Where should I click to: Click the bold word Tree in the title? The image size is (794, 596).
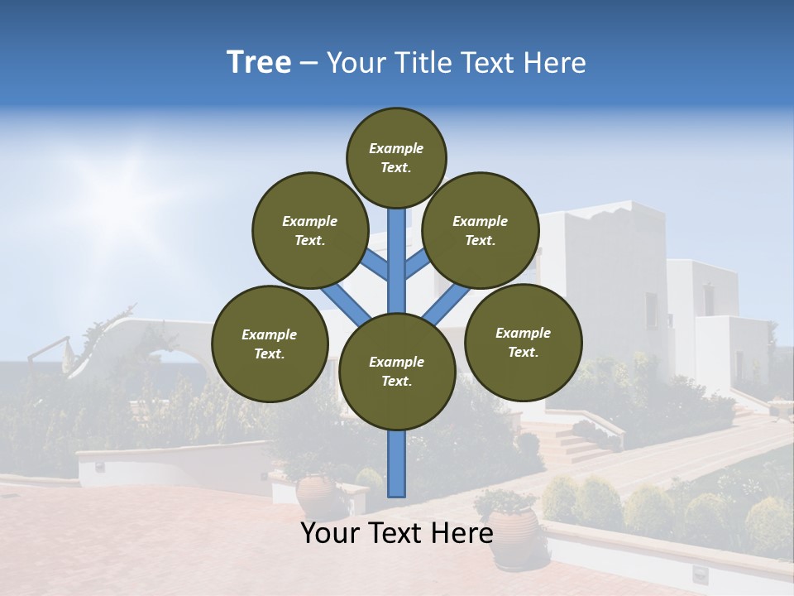(259, 63)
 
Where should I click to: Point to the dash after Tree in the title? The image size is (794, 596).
(309, 64)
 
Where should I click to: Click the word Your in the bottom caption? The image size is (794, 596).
(329, 533)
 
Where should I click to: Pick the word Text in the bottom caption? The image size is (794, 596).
(394, 533)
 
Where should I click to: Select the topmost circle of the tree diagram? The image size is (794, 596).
(396, 157)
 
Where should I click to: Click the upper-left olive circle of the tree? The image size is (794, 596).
(309, 230)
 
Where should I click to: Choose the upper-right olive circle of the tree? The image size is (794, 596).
(480, 230)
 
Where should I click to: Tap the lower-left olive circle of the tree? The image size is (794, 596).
(270, 344)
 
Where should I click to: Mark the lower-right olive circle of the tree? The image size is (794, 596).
(523, 342)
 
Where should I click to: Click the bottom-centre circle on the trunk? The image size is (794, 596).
(397, 371)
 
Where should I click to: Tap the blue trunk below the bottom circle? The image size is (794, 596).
(397, 464)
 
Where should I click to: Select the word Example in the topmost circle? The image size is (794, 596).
(396, 148)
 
